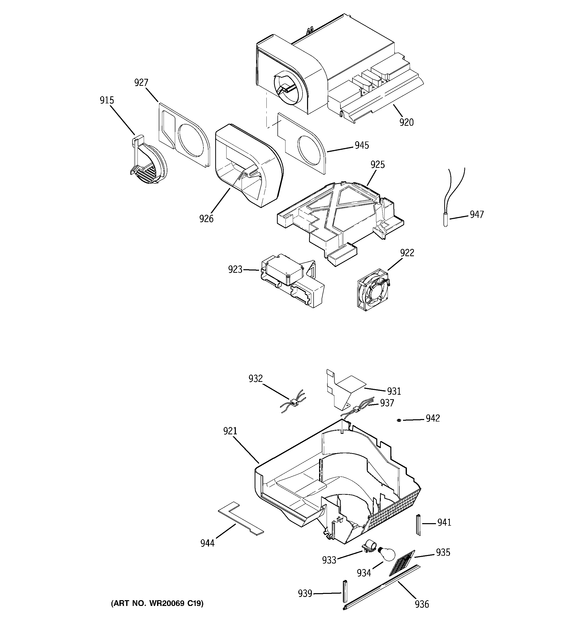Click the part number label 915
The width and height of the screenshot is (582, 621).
click(107, 100)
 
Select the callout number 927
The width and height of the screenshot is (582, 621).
click(141, 83)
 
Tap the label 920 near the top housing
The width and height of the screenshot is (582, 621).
click(406, 122)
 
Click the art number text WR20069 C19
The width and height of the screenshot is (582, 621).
click(157, 603)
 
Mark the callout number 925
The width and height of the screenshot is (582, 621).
click(377, 165)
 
